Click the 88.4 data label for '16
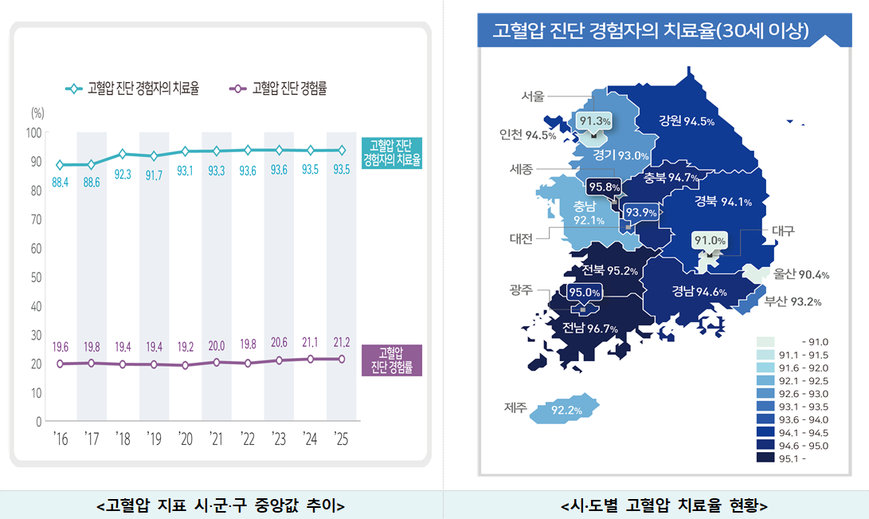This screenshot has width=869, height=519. click(60, 183)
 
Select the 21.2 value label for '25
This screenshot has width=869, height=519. click(341, 343)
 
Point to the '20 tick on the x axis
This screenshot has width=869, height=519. click(185, 438)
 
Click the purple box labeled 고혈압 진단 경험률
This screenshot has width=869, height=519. click(391, 360)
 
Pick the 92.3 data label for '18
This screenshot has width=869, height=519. click(122, 174)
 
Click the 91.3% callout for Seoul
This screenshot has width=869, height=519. click(595, 121)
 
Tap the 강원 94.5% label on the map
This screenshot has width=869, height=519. click(686, 121)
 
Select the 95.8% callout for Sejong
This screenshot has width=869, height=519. click(604, 187)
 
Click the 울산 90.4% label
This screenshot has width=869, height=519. click(801, 275)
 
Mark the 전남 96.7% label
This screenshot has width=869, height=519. click(590, 328)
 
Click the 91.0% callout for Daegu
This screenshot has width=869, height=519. click(709, 241)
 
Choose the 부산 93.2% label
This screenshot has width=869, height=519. click(793, 301)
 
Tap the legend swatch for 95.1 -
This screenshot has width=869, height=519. click(766, 458)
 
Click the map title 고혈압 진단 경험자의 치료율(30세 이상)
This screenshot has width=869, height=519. click(651, 30)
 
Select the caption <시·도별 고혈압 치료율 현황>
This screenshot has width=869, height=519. click(663, 505)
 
